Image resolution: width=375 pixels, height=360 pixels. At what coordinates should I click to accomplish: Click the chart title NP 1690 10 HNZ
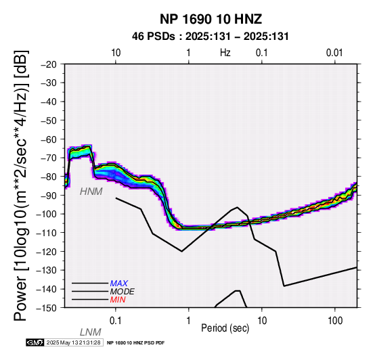(211, 19)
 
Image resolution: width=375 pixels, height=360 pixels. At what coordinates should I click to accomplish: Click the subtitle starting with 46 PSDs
(211, 37)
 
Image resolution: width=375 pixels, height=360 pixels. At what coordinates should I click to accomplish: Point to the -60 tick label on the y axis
(49, 139)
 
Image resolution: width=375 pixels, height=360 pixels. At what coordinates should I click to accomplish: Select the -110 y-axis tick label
(47, 233)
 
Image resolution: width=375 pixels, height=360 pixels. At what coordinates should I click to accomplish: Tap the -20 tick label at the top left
(49, 64)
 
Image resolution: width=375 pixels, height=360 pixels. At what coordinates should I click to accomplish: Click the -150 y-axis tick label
(47, 308)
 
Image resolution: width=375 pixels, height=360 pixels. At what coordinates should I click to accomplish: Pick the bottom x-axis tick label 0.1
(116, 321)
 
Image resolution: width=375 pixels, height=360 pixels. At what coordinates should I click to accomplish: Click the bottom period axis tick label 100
(335, 321)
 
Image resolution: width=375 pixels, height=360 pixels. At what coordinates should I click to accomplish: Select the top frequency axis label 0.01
(334, 53)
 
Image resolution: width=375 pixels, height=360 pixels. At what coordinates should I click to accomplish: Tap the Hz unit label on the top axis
(225, 53)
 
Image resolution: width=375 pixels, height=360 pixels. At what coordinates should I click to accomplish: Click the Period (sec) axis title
(225, 328)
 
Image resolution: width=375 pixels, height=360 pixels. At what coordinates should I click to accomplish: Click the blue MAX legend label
(119, 284)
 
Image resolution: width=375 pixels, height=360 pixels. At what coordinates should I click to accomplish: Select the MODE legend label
(123, 292)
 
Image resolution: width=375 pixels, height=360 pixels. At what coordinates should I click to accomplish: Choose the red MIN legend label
(118, 300)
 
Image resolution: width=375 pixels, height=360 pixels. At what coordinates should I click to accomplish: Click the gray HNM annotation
(91, 192)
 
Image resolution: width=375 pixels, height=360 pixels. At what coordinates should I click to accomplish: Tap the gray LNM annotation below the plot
(91, 332)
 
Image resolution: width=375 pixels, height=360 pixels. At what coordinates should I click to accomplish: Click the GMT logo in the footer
(35, 342)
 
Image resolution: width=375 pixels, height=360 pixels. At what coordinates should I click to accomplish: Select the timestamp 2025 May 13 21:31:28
(73, 342)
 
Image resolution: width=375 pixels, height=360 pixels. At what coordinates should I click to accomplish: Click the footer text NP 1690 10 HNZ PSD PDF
(135, 343)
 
